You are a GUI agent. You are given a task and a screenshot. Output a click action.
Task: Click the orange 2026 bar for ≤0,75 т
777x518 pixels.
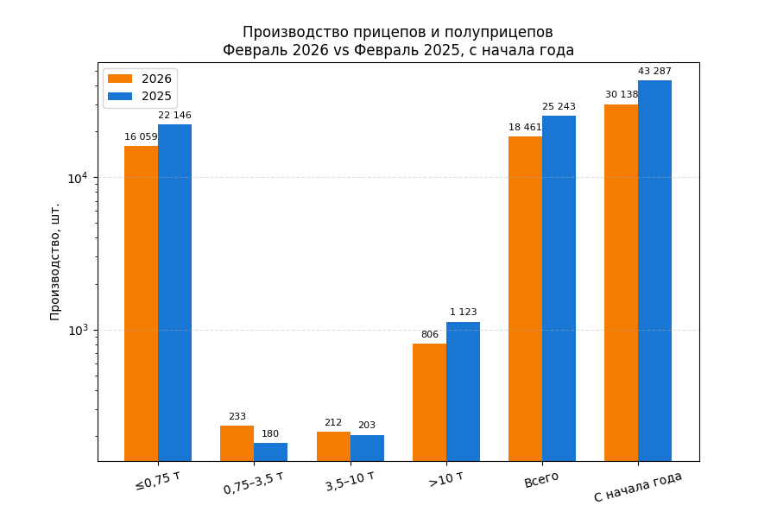[141, 302]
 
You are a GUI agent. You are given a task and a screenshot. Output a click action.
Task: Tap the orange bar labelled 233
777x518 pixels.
[237, 443]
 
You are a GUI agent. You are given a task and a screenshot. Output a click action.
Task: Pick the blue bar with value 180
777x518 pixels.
[270, 452]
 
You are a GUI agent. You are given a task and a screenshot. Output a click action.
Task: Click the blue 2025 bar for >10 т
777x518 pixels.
[463, 391]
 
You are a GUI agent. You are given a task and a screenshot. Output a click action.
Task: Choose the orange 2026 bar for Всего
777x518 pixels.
[525, 298]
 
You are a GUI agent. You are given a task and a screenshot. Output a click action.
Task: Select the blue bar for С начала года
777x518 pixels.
[654, 270]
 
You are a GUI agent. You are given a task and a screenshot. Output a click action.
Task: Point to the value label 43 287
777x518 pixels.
[654, 72]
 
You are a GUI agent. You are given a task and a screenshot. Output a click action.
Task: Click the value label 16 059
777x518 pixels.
[141, 137]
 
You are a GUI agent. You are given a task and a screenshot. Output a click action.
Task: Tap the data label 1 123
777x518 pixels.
[463, 313]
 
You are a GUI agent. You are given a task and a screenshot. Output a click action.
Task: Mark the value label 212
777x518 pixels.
[333, 423]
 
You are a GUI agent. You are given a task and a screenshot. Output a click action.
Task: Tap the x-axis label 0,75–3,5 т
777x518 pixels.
[253, 483]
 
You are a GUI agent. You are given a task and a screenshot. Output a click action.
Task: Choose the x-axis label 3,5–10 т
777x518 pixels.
[350, 481]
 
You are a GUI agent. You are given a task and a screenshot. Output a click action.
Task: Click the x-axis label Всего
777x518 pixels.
[541, 479]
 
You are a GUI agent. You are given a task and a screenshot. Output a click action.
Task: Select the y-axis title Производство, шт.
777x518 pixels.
[55, 262]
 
